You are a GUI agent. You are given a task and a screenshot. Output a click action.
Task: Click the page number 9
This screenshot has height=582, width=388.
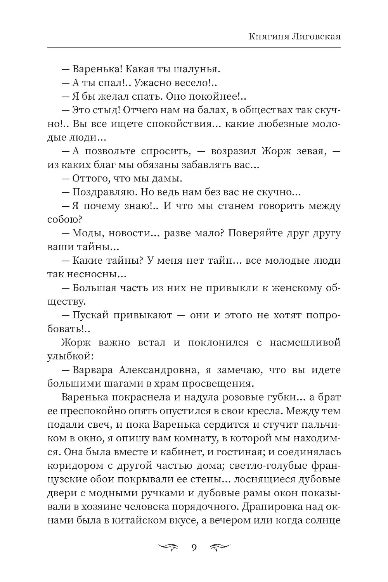pos(194,547)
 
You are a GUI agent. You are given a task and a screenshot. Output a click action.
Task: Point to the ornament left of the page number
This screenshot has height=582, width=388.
pos(169,547)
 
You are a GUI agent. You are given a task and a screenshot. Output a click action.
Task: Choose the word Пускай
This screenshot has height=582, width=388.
pos(89,315)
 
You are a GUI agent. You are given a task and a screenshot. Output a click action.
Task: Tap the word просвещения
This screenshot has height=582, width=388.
pos(218,383)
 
